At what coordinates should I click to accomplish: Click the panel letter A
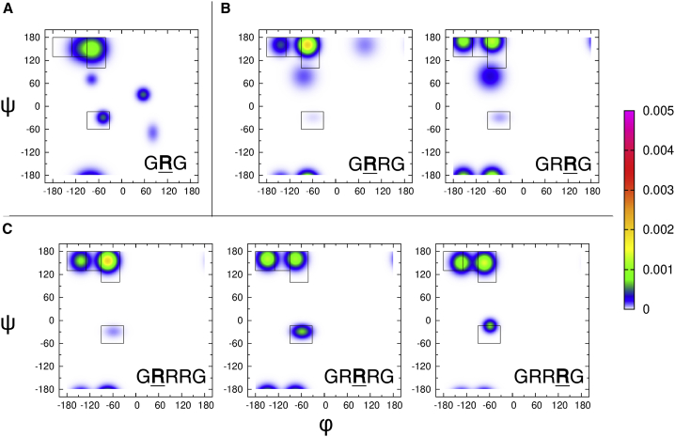coord(8,8)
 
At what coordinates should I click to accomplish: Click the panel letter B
coord(225,8)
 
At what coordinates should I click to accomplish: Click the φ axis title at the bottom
coord(326,425)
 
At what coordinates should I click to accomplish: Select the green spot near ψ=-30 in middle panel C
coord(302,331)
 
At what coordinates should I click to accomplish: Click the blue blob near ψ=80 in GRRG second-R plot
coord(489,77)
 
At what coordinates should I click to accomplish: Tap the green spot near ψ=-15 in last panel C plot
coord(489,325)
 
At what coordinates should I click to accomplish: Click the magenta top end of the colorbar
coord(629,115)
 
